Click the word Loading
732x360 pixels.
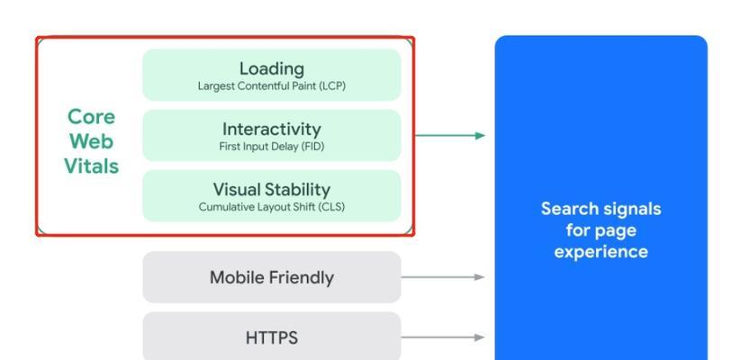pos(271,68)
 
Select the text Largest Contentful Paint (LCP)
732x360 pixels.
pos(271,86)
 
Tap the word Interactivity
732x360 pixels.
pos(271,129)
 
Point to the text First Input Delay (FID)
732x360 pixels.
pos(271,147)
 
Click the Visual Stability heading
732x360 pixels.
pos(271,189)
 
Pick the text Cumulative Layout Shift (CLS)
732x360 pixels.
pos(271,207)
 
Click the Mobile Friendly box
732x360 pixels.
pos(271,277)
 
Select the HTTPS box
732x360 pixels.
pos(271,337)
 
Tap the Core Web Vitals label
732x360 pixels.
pos(91,141)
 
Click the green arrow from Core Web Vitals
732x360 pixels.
pos(449,136)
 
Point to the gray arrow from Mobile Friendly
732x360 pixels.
pos(442,277)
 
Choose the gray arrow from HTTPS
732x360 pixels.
pos(442,337)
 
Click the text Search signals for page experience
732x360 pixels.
pos(601,230)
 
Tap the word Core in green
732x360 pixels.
pos(91,117)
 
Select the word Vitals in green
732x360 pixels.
pos(91,166)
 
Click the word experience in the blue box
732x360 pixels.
pos(601,252)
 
